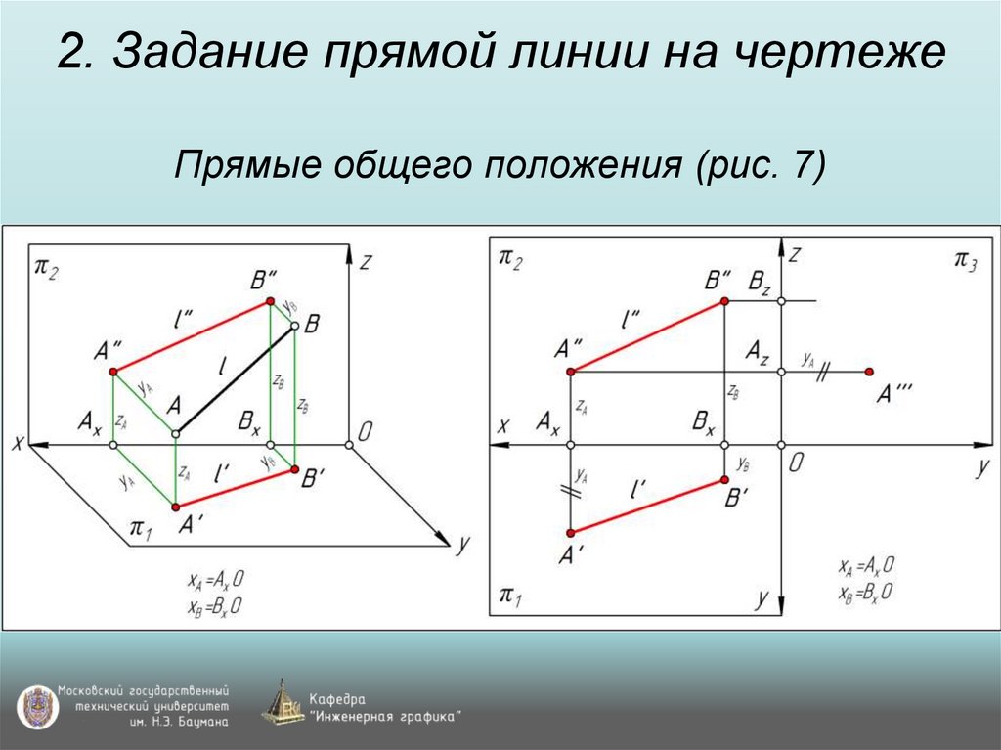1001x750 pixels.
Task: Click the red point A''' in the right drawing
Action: coord(869,372)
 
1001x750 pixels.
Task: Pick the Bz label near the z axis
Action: coord(760,281)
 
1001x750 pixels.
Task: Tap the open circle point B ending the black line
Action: coord(294,330)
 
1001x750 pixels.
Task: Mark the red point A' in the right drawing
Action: coord(570,533)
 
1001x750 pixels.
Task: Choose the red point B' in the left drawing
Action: coord(294,470)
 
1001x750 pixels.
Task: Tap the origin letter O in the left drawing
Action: coord(365,431)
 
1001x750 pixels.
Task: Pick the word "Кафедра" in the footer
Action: coord(337,699)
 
